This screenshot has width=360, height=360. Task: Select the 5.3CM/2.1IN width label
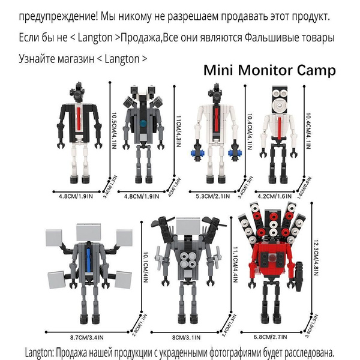[x=211, y=195]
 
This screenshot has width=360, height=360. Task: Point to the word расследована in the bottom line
[x=299, y=351]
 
